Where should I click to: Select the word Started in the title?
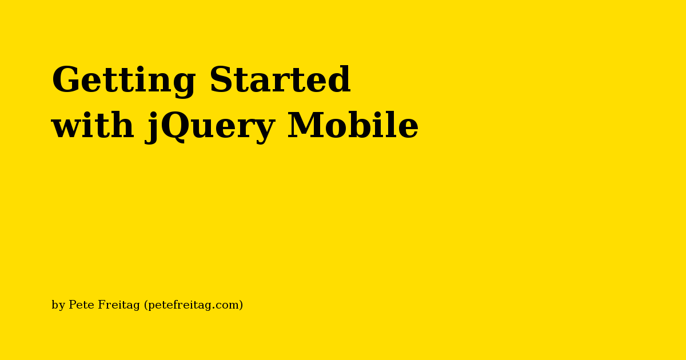point(280,79)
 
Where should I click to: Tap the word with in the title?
point(93,125)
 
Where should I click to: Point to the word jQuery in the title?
point(210,127)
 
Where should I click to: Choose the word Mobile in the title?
point(353,125)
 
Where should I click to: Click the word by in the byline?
point(58,305)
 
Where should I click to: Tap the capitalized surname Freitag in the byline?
point(119,305)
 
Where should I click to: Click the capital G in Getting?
point(65,79)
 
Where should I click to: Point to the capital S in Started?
point(221,79)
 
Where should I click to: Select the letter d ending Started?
point(339,79)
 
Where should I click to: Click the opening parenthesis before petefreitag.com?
point(146,305)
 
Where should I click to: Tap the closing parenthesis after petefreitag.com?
point(241,305)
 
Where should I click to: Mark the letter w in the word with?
point(67,128)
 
